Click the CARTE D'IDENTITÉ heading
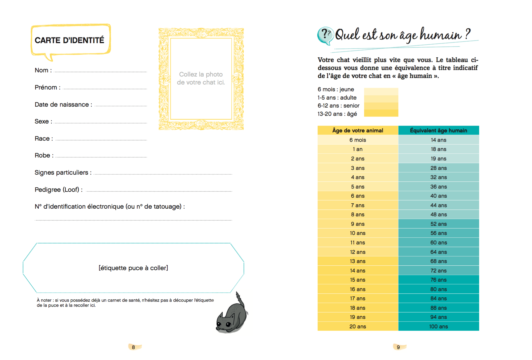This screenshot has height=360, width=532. point(69,40)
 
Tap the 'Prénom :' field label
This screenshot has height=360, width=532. point(47,87)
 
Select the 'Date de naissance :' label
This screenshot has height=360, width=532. point(63,105)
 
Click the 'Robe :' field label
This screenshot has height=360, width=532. point(44,155)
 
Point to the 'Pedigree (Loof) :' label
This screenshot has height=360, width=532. point(58,190)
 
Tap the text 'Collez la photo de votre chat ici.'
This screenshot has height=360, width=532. point(201,78)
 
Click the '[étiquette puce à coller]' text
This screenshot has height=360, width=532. point(133,268)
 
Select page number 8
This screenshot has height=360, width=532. point(133,347)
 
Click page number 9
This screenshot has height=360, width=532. point(398,347)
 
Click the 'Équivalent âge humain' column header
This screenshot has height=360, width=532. point(438,131)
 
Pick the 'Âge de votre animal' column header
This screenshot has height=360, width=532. point(358,131)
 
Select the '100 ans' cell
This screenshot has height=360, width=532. point(438,327)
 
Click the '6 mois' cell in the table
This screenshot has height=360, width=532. point(358,140)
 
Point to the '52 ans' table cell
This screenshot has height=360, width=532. point(438,224)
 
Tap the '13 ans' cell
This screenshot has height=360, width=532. point(358,261)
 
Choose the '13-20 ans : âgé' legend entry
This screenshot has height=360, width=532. point(337,114)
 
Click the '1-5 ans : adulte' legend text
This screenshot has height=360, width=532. point(337,98)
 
